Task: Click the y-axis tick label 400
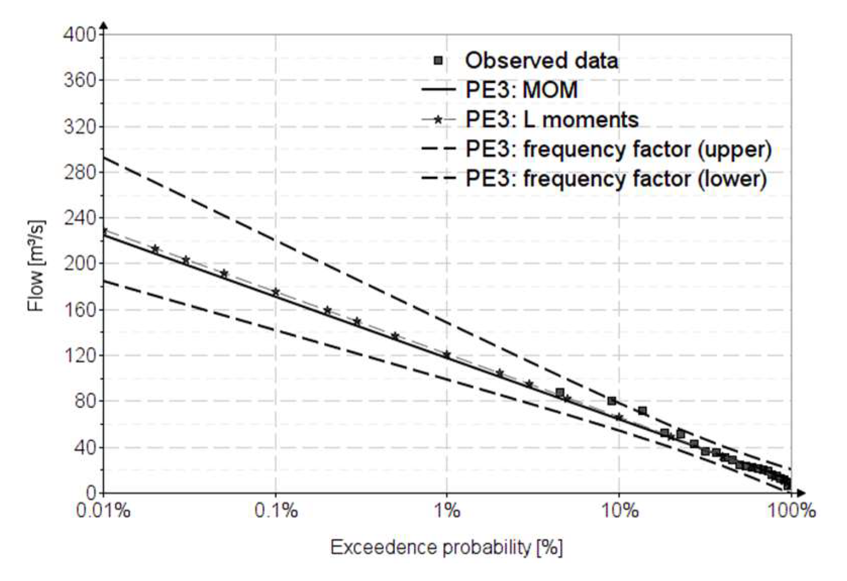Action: tap(79, 34)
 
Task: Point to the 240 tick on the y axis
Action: tap(79, 218)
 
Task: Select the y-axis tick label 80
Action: tap(84, 401)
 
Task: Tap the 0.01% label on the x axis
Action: tap(103, 510)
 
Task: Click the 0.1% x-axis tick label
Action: tap(276, 510)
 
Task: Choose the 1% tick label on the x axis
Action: tap(447, 510)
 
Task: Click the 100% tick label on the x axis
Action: tap(790, 510)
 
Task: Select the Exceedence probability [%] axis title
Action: tap(446, 547)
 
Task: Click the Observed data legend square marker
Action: tap(438, 61)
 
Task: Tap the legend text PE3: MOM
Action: tap(521, 90)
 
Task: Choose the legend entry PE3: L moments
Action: tap(552, 120)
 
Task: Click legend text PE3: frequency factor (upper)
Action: tap(618, 149)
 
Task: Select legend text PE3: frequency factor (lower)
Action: tap(616, 179)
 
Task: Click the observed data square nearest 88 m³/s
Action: tap(560, 392)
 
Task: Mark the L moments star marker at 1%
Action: tap(447, 355)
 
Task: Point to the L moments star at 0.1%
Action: tap(276, 292)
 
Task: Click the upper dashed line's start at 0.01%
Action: tap(104, 158)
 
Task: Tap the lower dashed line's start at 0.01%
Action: tap(104, 281)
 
